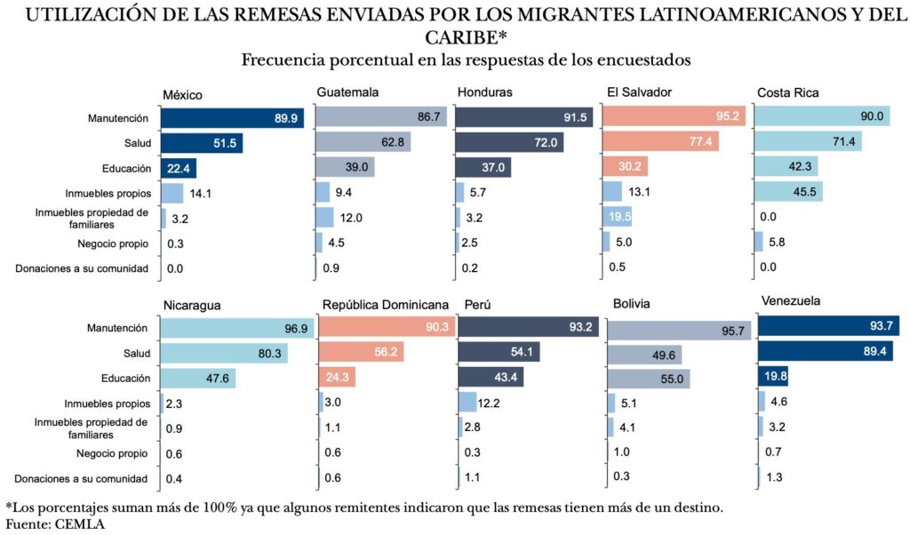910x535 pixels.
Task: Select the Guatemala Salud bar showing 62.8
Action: [363, 142]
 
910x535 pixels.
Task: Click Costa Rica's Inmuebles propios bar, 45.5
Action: [787, 191]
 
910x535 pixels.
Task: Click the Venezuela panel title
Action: [791, 301]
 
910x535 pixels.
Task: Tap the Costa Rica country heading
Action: [787, 92]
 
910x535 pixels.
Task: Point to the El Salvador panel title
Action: [639, 92]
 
